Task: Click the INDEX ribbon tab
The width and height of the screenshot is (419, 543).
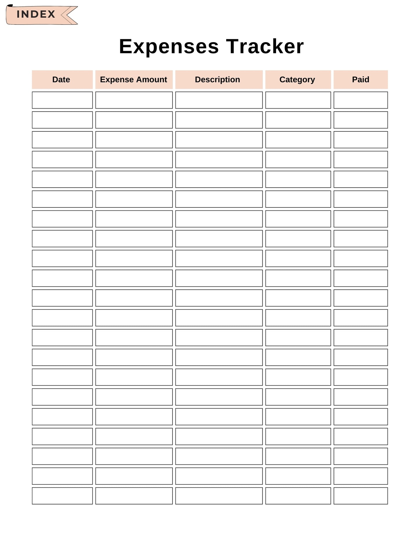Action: click(36, 14)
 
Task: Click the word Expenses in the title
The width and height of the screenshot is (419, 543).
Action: click(169, 46)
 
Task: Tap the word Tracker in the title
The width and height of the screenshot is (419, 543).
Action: click(265, 46)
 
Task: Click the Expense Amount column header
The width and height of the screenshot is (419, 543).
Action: click(134, 80)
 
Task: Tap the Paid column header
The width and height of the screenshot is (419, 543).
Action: click(360, 80)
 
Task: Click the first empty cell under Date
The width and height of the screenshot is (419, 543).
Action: click(62, 100)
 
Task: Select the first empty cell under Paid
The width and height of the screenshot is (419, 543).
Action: click(360, 100)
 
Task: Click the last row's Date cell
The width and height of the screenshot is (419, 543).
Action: click(62, 496)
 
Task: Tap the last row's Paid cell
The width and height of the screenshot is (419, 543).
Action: click(360, 496)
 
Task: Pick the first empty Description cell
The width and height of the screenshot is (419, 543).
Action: click(219, 100)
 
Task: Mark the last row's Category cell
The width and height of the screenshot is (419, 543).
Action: click(298, 496)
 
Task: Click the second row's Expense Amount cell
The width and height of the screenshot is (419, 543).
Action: click(134, 120)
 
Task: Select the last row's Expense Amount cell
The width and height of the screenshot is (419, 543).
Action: click(134, 496)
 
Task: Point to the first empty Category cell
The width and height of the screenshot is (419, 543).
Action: click(298, 100)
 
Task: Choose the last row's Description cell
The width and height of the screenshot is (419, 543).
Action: click(219, 496)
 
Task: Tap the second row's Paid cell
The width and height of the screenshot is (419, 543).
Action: click(360, 120)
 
